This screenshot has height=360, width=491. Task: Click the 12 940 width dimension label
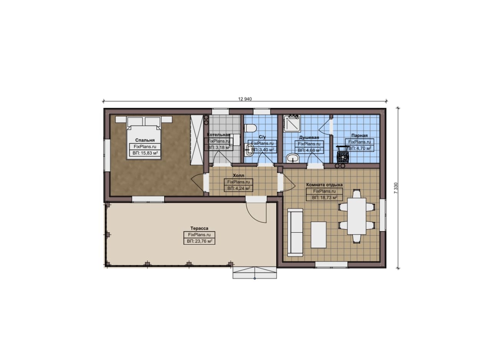(245, 99)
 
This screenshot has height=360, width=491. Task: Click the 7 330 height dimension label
(395, 188)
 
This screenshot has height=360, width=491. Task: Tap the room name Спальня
(145, 140)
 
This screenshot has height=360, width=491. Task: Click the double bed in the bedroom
(144, 138)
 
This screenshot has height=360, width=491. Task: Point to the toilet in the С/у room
(250, 128)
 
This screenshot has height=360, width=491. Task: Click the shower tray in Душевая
(292, 123)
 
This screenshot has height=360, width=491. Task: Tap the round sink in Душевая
(292, 158)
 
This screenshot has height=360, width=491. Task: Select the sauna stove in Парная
(343, 155)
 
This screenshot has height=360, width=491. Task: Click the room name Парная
(359, 136)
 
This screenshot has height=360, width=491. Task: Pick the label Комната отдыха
(325, 185)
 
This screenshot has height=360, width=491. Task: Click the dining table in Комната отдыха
(357, 216)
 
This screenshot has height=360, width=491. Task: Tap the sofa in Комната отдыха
(295, 232)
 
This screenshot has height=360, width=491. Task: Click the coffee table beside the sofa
(318, 235)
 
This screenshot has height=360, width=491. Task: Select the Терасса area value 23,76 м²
(199, 241)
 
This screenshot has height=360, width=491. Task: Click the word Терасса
(199, 228)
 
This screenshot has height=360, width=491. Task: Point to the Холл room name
(238, 176)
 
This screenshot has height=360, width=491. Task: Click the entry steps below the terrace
(255, 273)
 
